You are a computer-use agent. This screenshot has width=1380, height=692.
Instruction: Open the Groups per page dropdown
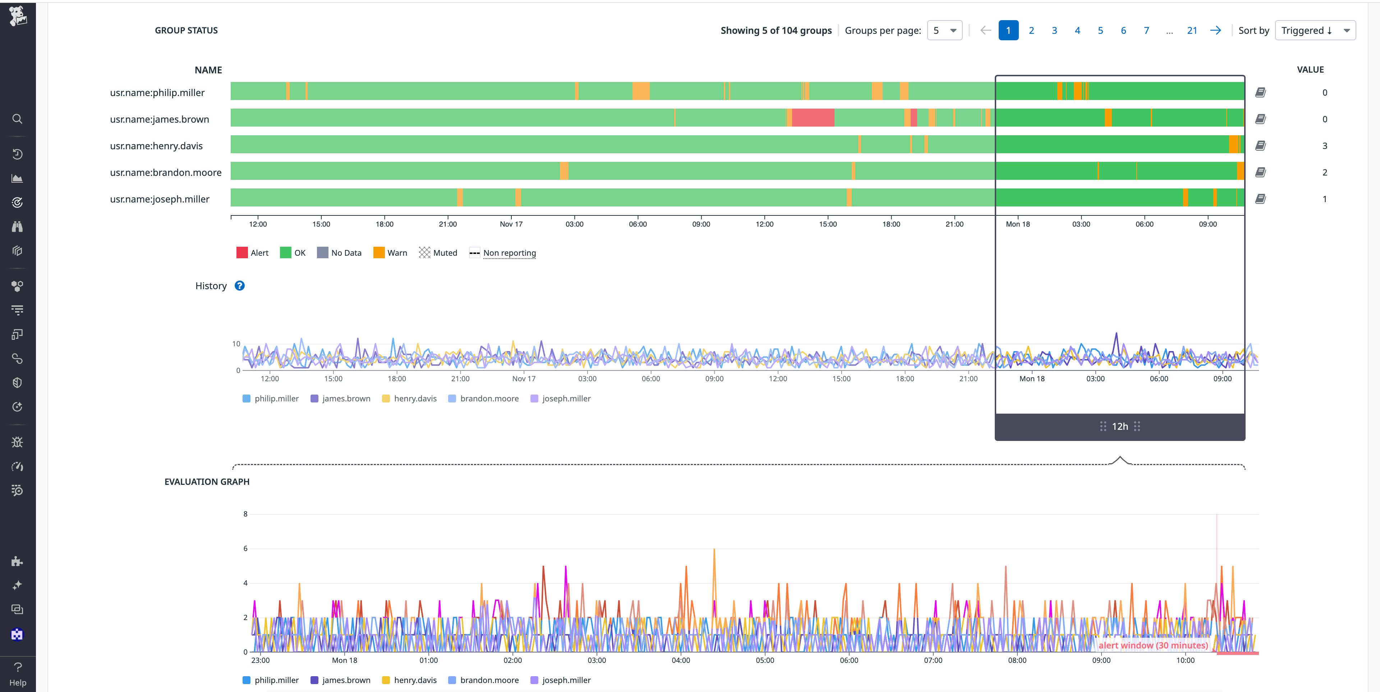click(x=944, y=31)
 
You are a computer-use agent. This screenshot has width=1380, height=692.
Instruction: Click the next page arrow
click(x=1215, y=31)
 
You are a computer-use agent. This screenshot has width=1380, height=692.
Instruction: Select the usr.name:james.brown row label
click(x=159, y=119)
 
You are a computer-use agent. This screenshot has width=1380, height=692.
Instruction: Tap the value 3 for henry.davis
click(x=1324, y=146)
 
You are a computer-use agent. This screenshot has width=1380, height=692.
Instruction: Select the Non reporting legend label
click(x=509, y=253)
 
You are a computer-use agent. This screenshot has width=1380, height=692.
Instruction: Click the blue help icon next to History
click(x=239, y=286)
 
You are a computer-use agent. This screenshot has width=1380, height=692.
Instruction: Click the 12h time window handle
click(x=1120, y=426)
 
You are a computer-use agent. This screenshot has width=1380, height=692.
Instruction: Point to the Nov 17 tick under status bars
click(x=511, y=224)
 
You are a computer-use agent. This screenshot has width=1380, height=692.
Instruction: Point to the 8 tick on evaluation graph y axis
click(x=245, y=514)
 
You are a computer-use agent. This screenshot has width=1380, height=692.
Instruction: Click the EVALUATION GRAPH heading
click(x=207, y=481)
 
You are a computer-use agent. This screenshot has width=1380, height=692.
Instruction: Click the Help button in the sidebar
click(x=18, y=674)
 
